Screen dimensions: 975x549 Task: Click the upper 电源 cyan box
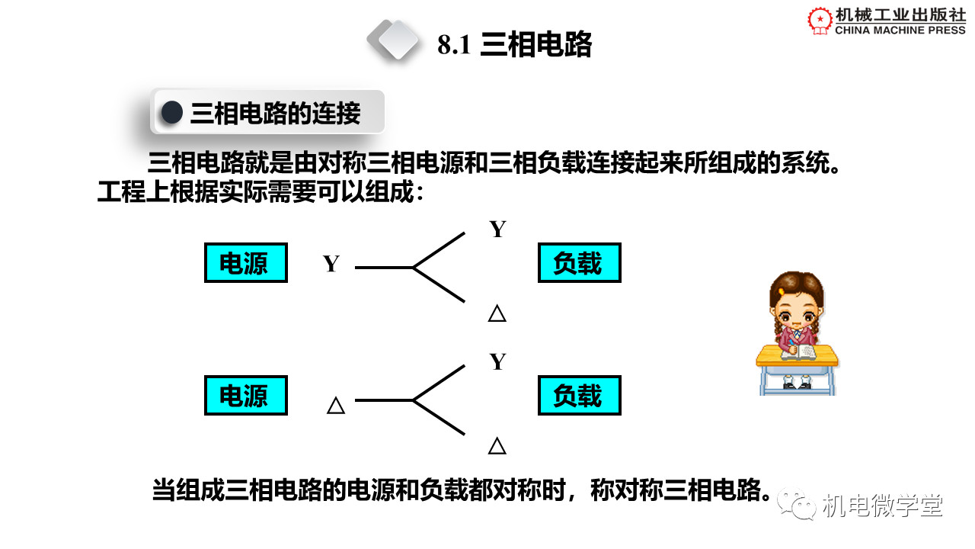coord(246,263)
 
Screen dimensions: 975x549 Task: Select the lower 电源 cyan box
coord(246,395)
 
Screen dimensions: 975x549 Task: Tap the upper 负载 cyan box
coord(580,263)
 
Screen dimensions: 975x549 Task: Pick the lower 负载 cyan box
coord(580,395)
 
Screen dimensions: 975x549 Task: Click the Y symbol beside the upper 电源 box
coord(331,264)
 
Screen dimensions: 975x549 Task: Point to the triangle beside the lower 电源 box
coord(336,405)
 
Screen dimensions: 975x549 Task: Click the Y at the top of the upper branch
coord(498,229)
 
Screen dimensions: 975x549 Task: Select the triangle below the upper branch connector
coord(497,313)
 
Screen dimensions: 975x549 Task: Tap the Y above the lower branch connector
coord(498,361)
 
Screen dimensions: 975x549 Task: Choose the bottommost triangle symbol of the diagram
coord(497,446)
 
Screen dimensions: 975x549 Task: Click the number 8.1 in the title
coord(454,44)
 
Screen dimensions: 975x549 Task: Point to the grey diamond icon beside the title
coord(394,40)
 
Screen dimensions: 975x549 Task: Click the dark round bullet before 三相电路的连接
coord(172,112)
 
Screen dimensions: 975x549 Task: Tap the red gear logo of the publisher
coord(820,20)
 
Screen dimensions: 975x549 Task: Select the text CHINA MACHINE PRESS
coord(900,30)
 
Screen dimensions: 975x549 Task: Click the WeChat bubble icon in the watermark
coord(797,504)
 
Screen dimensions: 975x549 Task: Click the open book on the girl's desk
coord(799,352)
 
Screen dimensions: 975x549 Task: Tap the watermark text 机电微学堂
coord(882,506)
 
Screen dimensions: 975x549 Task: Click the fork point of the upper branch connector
coord(413,267)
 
